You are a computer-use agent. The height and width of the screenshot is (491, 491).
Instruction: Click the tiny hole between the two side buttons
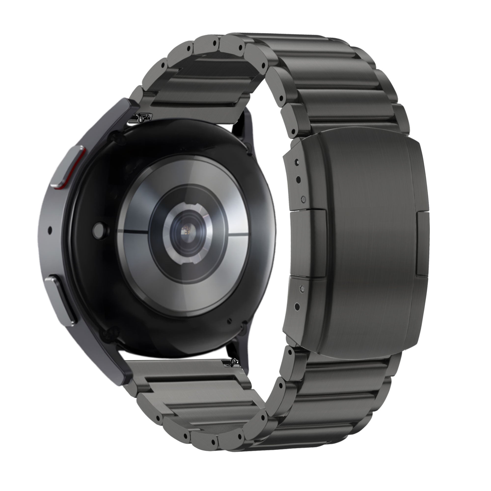(x=50, y=230)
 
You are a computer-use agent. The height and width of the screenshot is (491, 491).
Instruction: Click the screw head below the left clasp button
(x=302, y=288)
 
